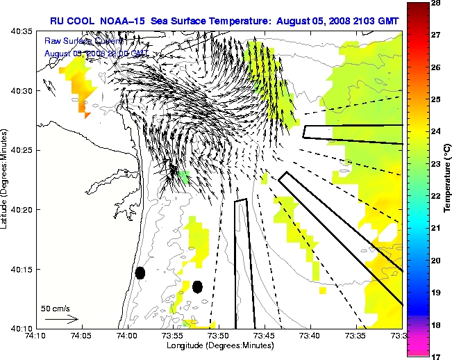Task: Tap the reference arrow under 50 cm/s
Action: tap(61, 320)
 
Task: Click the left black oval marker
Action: tap(140, 272)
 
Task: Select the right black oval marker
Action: tap(197, 286)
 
